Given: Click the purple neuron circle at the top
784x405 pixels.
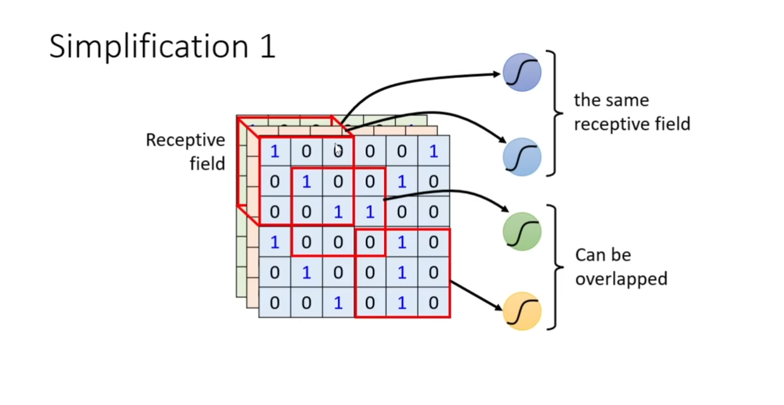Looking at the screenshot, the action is point(522,73).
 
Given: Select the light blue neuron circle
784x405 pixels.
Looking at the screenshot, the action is point(522,157).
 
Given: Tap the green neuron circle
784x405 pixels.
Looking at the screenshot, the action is point(522,232).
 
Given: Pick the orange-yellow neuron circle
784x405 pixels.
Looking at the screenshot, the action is point(522,311).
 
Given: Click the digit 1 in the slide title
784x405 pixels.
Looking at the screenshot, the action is point(268,46).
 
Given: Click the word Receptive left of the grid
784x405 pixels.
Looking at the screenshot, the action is point(185,140).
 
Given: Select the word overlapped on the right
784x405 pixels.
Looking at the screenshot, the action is point(621,279).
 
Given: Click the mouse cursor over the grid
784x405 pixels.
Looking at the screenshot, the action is point(337,149).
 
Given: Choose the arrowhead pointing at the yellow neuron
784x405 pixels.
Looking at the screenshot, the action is point(499,307).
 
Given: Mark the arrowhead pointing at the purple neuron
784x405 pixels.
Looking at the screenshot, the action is point(496,74).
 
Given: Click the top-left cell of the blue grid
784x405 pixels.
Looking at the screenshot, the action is point(275,151).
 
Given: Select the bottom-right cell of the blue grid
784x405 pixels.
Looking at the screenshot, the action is point(433,302).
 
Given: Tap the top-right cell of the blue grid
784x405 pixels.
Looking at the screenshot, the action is point(433,151).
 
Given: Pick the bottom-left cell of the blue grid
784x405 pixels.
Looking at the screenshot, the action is point(275,302).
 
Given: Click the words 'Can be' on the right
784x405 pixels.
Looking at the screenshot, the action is point(603,255).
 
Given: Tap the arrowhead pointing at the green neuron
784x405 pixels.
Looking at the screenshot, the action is point(504,209).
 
